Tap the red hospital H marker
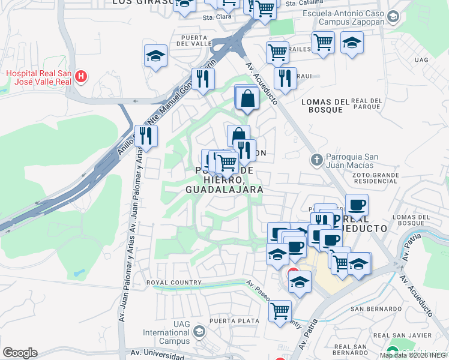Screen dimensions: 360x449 (x=82, y=77)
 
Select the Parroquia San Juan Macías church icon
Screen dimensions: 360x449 (x=317, y=160)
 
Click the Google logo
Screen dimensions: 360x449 (x=20, y=353)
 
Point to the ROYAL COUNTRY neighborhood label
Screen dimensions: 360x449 (x=175, y=282)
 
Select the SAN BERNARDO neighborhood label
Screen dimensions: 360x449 (x=376, y=309)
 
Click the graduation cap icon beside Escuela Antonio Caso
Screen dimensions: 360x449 (x=394, y=17)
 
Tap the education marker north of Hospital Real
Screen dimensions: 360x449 (x=155, y=55)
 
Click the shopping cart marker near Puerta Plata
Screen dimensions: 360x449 (x=280, y=311)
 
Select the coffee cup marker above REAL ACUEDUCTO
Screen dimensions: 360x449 (x=357, y=205)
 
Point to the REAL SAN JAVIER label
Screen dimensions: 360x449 (x=402, y=335)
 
